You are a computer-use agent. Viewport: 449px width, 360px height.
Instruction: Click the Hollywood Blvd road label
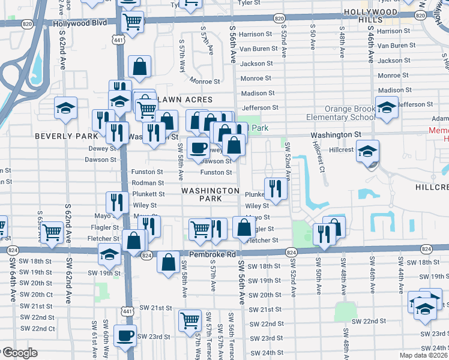pyautogui.click(x=80, y=23)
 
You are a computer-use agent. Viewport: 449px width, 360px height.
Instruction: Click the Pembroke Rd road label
pyautogui.click(x=212, y=254)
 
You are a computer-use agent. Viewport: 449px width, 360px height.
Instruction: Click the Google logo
pyautogui.click(x=20, y=353)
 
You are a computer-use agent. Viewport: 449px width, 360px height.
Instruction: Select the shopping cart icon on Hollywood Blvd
pyautogui.click(x=132, y=22)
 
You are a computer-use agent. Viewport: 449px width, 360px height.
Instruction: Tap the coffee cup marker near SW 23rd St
pyautogui.click(x=125, y=336)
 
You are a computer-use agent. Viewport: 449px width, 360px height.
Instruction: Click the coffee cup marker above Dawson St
pyautogui.click(x=198, y=148)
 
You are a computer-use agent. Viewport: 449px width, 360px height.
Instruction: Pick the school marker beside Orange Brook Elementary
pyautogui.click(x=387, y=107)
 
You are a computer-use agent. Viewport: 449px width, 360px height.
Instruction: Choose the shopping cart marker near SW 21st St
pyautogui.click(x=190, y=320)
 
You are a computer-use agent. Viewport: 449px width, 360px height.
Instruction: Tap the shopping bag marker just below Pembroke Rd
pyautogui.click(x=169, y=262)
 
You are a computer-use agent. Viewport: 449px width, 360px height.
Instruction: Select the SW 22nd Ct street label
pyautogui.click(x=38, y=328)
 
